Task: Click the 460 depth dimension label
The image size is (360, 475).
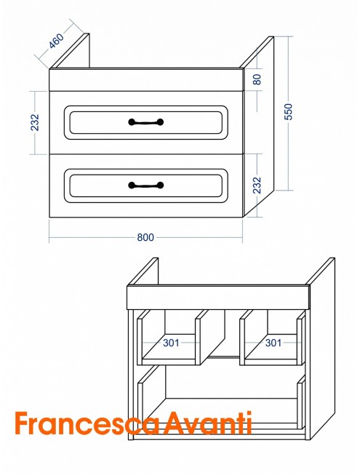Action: [x=57, y=41]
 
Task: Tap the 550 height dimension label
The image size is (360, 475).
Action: [x=289, y=111]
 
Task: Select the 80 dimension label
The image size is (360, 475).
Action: [x=257, y=79]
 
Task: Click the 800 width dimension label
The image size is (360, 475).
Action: [x=145, y=237]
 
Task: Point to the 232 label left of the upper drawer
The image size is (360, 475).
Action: [x=35, y=122]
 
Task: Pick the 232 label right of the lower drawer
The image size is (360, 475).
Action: [x=257, y=185]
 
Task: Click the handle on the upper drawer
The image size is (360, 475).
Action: [x=146, y=122]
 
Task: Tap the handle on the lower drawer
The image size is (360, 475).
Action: [x=146, y=185]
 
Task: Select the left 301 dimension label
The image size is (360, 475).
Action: [x=171, y=343]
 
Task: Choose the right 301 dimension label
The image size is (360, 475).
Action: [x=273, y=343]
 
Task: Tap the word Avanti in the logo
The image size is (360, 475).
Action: [x=208, y=423]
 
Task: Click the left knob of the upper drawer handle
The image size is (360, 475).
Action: [x=132, y=122]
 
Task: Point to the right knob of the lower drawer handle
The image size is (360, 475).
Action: [x=160, y=185]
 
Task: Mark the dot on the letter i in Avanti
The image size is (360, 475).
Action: [x=249, y=413]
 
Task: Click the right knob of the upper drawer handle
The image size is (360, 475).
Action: [x=160, y=122]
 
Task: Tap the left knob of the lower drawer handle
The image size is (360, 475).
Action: [x=132, y=185]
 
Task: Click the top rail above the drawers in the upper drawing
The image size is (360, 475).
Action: [x=146, y=80]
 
